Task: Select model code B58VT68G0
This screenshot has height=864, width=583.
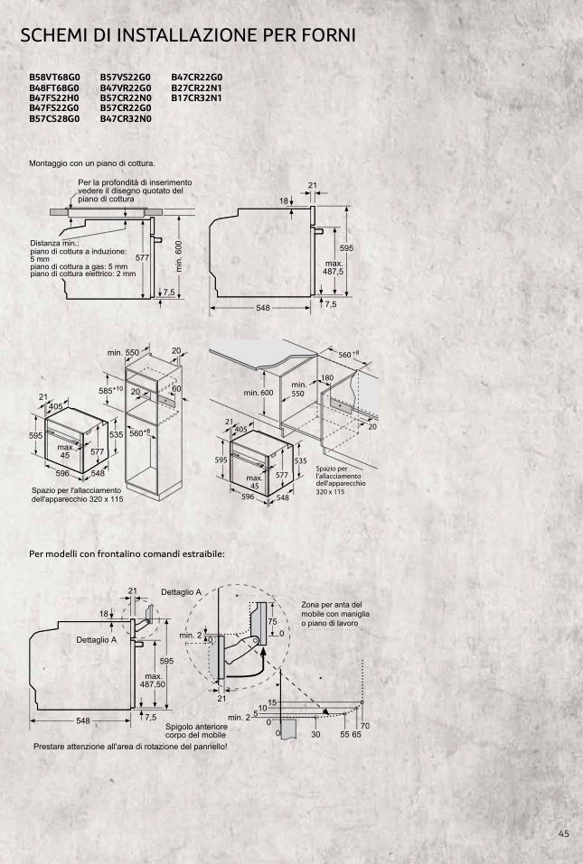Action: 54,78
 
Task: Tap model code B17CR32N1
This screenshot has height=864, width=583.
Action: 196,98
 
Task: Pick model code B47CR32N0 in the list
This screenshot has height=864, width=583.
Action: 126,118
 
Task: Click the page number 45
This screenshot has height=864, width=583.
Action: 563,833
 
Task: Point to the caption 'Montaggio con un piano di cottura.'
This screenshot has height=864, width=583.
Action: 92,163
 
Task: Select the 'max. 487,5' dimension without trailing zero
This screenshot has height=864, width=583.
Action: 334,268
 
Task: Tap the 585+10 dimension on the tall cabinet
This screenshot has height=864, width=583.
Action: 110,390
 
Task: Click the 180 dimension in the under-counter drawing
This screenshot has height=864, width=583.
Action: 327,378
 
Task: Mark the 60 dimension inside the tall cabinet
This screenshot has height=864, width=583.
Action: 176,388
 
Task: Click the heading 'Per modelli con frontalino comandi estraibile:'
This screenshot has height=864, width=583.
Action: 127,553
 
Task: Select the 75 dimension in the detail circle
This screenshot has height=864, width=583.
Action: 272,621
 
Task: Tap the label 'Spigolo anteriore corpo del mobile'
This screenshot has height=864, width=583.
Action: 196,730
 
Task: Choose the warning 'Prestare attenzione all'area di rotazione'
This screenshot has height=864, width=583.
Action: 130,747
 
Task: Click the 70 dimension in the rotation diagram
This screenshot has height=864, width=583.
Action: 364,726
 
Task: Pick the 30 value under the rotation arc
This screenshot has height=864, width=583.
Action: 315,735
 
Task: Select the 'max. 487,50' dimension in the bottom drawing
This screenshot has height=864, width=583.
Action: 153,680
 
